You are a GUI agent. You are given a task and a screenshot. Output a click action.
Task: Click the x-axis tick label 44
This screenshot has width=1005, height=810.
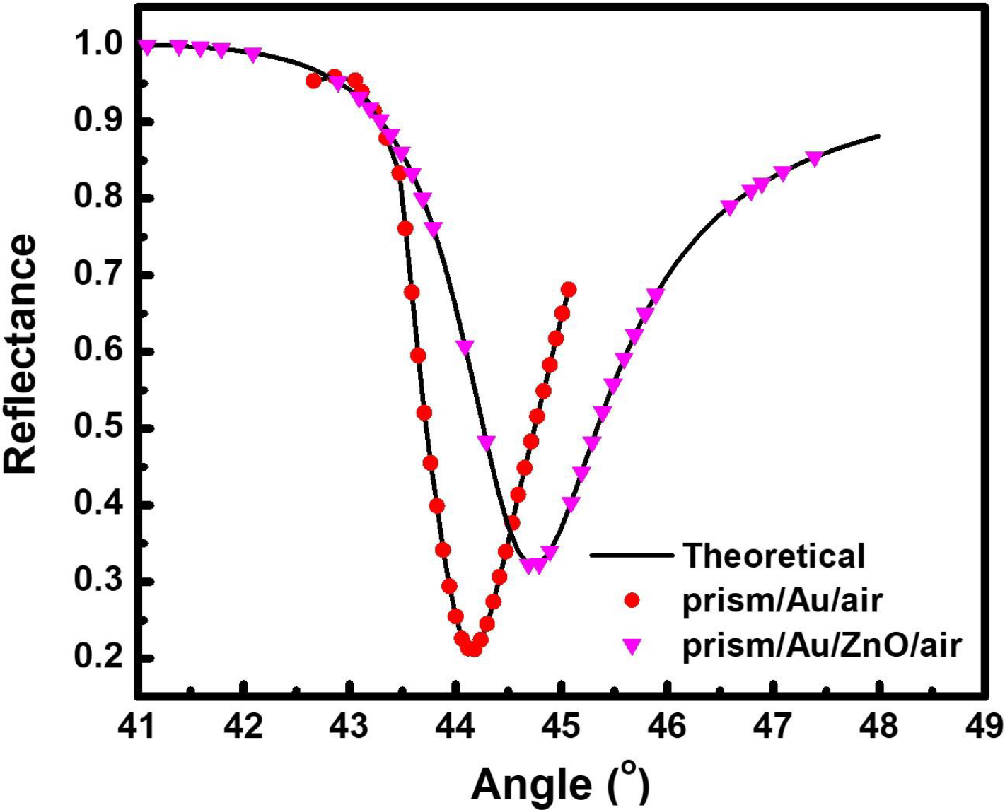455,725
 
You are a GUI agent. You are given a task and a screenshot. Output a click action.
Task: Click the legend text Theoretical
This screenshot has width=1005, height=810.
774,556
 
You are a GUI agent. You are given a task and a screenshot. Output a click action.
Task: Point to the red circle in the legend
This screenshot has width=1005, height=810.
632,600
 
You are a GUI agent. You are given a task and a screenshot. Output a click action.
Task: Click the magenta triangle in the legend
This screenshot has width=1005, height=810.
632,645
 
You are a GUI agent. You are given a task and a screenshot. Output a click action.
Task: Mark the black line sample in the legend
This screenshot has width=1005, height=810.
632,556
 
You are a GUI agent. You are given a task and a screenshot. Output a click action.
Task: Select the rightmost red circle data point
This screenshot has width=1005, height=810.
569,290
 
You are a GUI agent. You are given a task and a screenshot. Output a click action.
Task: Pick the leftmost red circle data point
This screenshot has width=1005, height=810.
313,81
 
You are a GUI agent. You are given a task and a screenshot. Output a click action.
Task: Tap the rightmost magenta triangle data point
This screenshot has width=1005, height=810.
814,158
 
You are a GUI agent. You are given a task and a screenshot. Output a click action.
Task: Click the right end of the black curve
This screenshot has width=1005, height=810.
879,135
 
